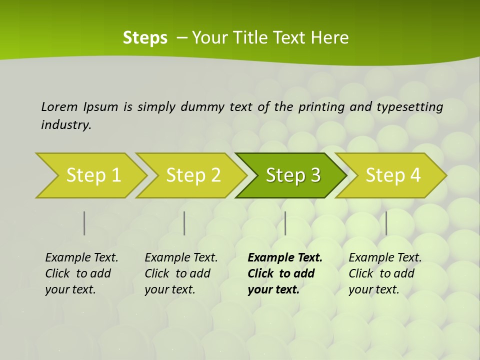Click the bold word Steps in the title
[145, 38]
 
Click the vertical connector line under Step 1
[84, 223]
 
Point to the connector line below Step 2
[184, 223]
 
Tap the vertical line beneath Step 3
[285, 223]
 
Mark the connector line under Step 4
[386, 223]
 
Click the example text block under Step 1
[81, 273]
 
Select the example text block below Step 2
[181, 273]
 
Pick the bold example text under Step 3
[284, 273]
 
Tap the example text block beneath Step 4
[385, 273]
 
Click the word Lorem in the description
[59, 106]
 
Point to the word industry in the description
[66, 125]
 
